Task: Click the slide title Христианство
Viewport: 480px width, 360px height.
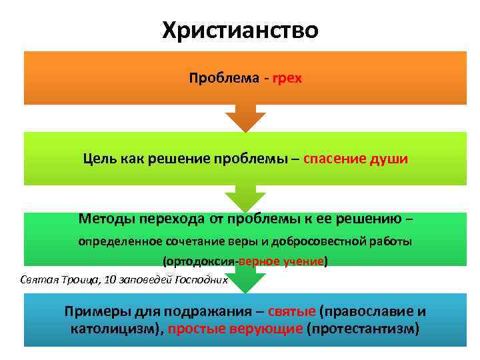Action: pyautogui.click(x=240, y=29)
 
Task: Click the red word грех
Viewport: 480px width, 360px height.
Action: pyautogui.click(x=287, y=79)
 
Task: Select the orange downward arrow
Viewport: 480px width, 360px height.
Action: pyautogui.click(x=245, y=119)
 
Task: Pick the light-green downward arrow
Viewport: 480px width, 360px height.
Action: pyautogui.click(x=245, y=198)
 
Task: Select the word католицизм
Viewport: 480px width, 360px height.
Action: pyautogui.click(x=116, y=329)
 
